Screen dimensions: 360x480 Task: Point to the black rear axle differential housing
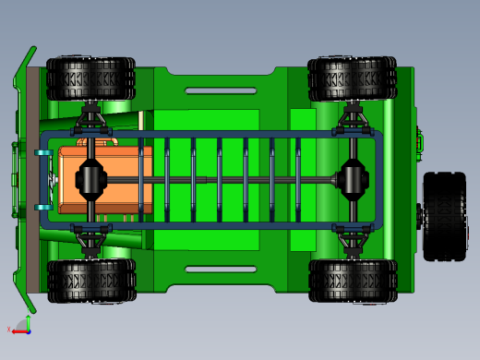pos(354,179)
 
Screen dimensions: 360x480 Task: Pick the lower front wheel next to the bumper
pos(90,280)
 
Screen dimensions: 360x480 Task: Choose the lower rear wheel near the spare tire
pos(352,280)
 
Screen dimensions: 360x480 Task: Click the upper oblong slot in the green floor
pos(221,90)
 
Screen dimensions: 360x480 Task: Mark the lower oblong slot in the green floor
pos(221,270)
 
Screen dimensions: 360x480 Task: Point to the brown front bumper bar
pos(32,180)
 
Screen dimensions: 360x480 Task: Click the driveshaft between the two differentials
pos(222,181)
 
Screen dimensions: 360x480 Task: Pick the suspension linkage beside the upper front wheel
pos(91,121)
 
